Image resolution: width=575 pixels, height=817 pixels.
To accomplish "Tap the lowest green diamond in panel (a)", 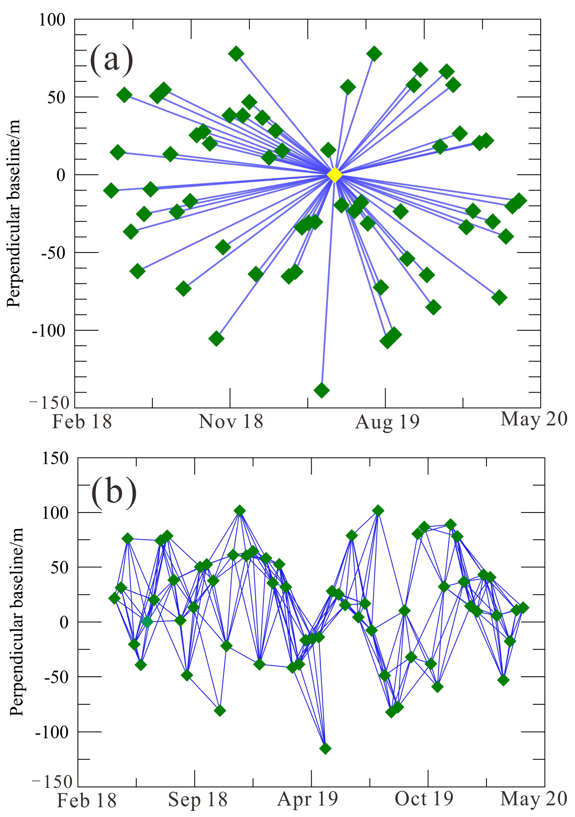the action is (x=322, y=390).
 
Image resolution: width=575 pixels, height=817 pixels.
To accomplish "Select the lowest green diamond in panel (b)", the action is (x=325, y=748).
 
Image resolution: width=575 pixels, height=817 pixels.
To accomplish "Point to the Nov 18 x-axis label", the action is (x=231, y=422).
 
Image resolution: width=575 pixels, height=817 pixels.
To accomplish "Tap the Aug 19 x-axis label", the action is (x=387, y=422).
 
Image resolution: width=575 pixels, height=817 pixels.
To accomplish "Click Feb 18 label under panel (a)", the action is (x=82, y=422).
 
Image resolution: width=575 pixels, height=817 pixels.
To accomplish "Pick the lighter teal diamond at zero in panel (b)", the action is (x=147, y=622).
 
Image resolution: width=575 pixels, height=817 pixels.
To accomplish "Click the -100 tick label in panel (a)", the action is (x=49, y=331).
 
